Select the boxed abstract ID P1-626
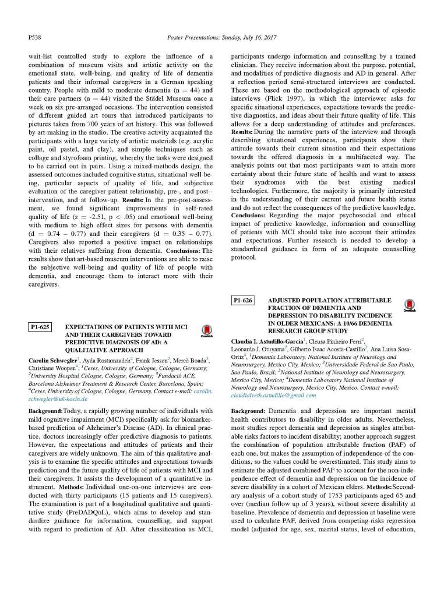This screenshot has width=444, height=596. (x=244, y=301)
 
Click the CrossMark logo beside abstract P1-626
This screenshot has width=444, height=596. (x=410, y=305)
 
